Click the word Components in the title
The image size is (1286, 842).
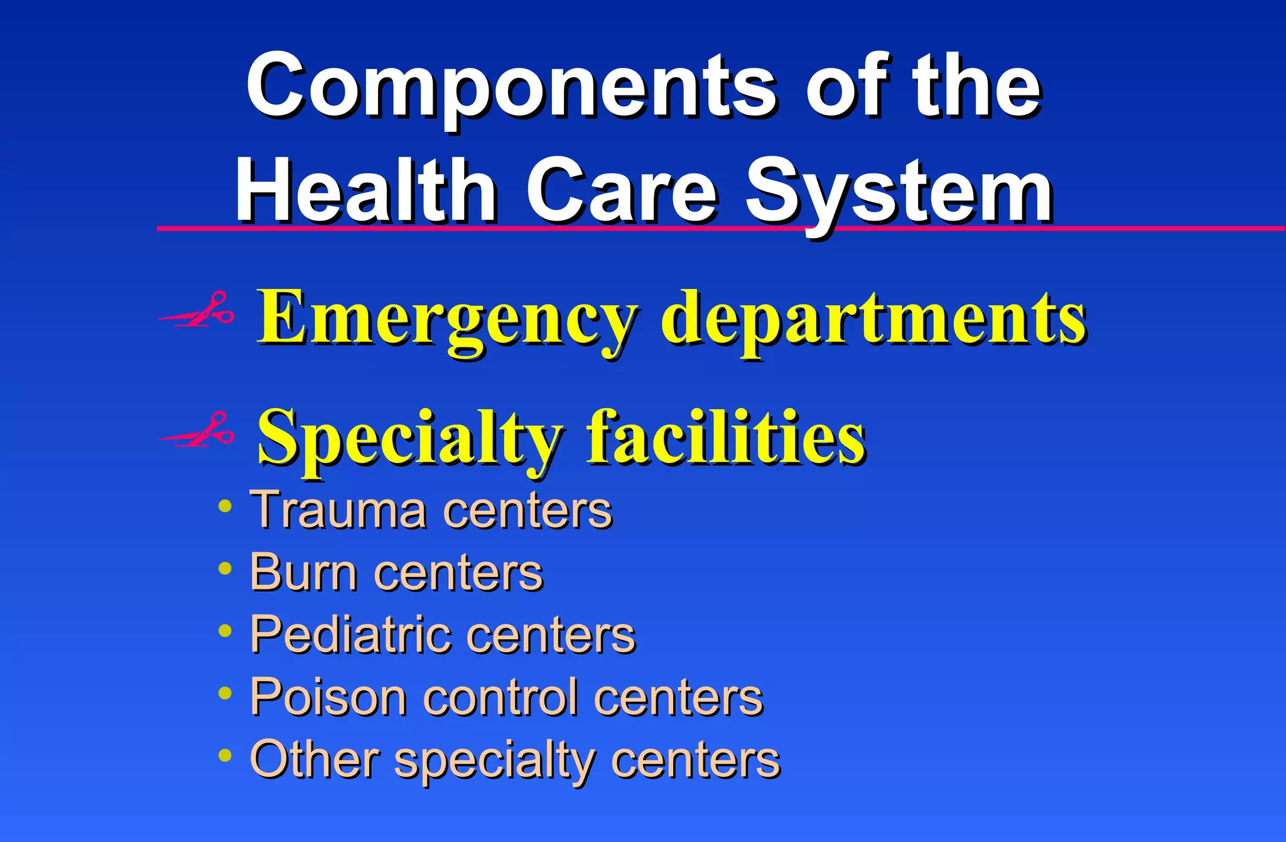[x=510, y=87]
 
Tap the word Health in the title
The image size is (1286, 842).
[x=365, y=191]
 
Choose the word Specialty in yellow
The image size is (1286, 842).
[x=409, y=438]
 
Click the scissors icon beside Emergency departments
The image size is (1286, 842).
[x=197, y=310]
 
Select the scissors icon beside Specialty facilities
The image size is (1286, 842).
[x=197, y=430]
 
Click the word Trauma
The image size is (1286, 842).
[x=338, y=510]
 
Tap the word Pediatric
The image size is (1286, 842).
[x=349, y=635]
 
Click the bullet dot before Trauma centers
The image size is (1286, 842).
[x=225, y=506]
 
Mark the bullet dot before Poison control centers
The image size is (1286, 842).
[x=225, y=693]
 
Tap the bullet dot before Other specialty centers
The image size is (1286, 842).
[x=225, y=755]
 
